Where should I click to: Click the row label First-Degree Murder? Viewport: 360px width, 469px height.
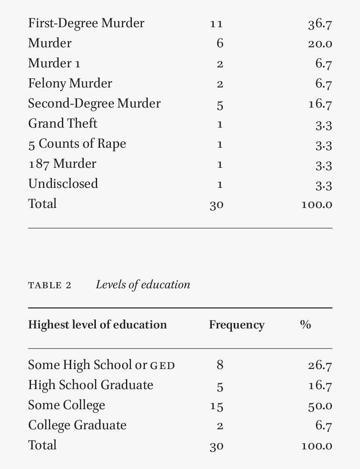pos(86,23)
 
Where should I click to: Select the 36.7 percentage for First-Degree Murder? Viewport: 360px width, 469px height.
pos(320,24)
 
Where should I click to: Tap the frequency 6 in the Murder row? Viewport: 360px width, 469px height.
pos(220,44)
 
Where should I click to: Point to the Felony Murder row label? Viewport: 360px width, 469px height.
pos(70,84)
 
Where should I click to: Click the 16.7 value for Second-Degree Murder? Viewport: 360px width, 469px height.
pos(320,104)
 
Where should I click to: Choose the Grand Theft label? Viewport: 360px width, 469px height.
pos(62,124)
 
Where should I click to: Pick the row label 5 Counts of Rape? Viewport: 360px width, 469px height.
pos(77,144)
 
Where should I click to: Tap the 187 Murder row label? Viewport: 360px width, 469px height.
pos(62,164)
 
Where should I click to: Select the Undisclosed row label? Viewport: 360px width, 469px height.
pos(63,184)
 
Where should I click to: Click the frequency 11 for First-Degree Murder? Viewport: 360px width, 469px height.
pos(216,24)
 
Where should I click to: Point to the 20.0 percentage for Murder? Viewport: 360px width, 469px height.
pos(320,44)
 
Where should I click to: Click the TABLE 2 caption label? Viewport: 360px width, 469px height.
pos(49,286)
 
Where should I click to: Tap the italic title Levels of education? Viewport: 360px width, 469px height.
pos(143,285)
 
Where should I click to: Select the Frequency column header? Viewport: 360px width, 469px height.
pos(237,325)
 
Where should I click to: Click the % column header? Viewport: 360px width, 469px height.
pos(305,325)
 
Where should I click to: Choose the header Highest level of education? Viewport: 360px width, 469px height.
pos(97,325)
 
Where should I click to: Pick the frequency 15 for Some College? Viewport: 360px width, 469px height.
pos(216,406)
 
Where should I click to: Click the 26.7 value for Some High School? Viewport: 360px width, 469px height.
pos(320,366)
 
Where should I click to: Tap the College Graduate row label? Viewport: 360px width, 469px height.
pos(77,425)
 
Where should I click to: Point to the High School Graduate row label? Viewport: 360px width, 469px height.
pos(90,385)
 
